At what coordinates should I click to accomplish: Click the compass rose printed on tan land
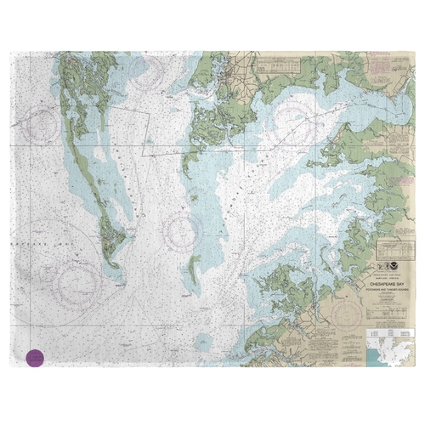click(x=349, y=315)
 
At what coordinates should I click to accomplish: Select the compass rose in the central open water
click(x=184, y=228)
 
